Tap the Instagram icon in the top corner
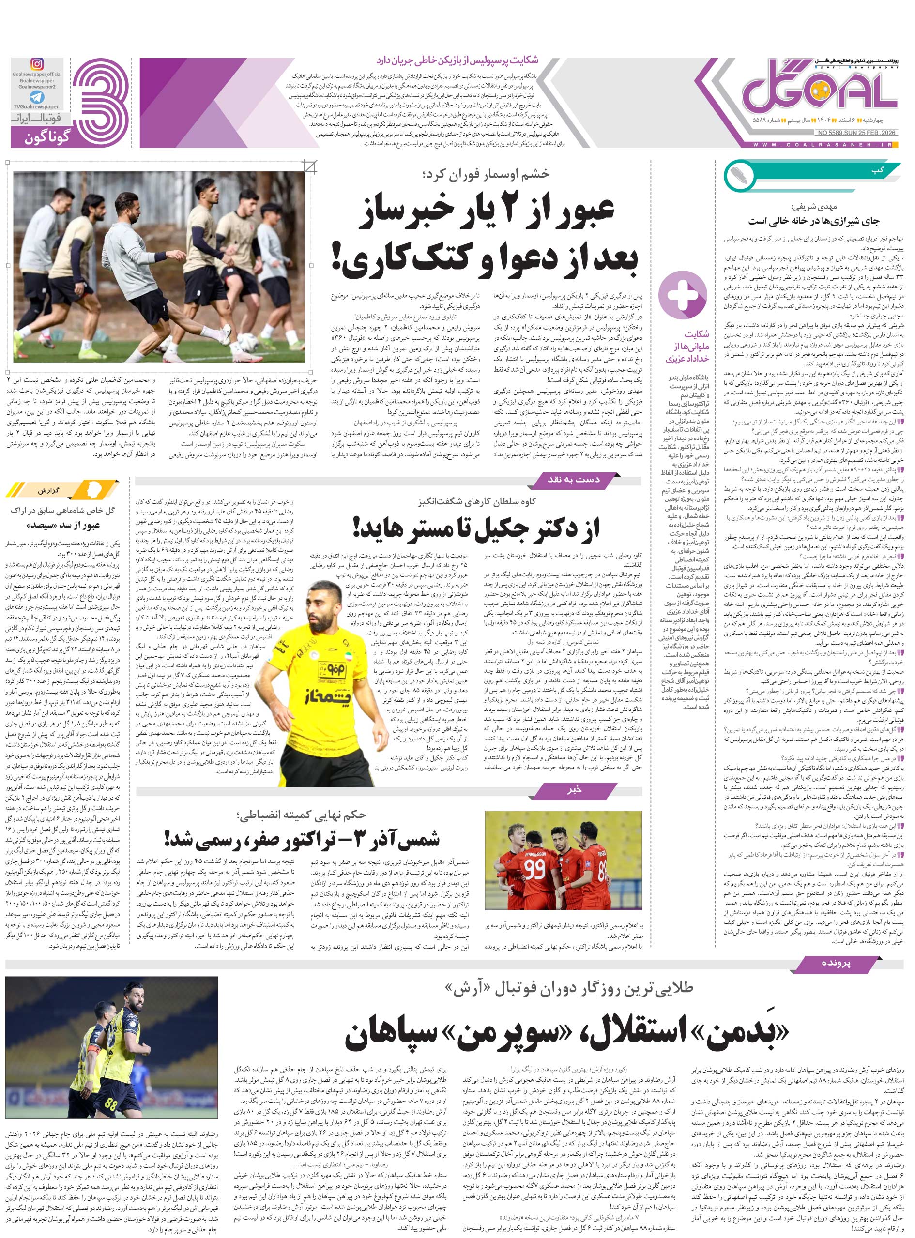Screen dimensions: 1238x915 click(x=37, y=65)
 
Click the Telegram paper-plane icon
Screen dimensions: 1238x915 click(x=37, y=97)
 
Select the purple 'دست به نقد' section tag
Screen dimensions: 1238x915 click(x=573, y=479)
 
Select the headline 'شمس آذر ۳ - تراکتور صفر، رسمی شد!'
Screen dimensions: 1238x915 click(x=302, y=839)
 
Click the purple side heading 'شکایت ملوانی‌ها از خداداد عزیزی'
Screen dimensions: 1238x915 click(x=687, y=346)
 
